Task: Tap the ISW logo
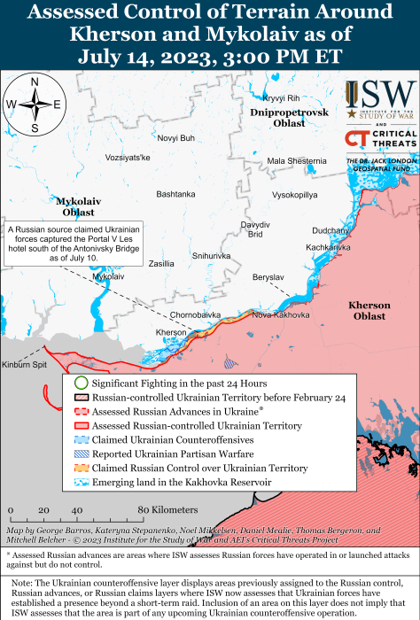point(380,100)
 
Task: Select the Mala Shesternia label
point(296,160)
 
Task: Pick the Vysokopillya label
point(294,194)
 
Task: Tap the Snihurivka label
point(211,255)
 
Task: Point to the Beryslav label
point(268,277)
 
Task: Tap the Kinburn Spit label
point(24,364)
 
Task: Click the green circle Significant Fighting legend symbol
point(80,384)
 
